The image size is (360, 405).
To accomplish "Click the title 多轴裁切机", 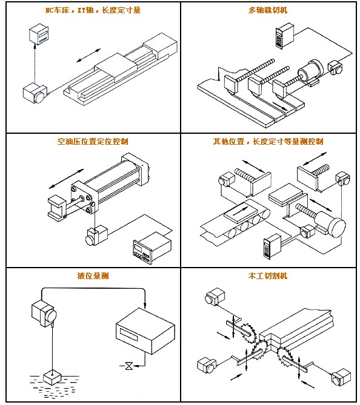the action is tap(268, 10).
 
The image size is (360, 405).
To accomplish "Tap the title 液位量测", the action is tap(93, 275).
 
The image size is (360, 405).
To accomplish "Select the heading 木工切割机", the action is tap(268, 275).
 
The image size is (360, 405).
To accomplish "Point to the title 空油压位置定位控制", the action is tap(93, 141).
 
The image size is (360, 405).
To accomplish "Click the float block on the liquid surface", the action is tap(52, 378).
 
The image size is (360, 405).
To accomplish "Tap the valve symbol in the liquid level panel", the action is tap(129, 366).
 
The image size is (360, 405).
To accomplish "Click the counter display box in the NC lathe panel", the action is tap(39, 34).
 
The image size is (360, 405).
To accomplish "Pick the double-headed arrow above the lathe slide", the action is tap(88, 55).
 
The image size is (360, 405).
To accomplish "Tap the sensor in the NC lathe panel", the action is tap(35, 93).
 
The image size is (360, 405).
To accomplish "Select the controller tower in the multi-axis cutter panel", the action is tap(284, 36).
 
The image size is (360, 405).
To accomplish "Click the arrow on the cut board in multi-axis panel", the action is tap(279, 105).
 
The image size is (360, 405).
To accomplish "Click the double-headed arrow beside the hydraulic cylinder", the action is tap(66, 179).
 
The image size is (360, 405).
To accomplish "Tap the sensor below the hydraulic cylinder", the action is tap(96, 235).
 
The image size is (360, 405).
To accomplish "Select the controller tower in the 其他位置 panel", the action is tap(272, 246).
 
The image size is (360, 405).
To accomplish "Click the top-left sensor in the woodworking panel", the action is tap(215, 297).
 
